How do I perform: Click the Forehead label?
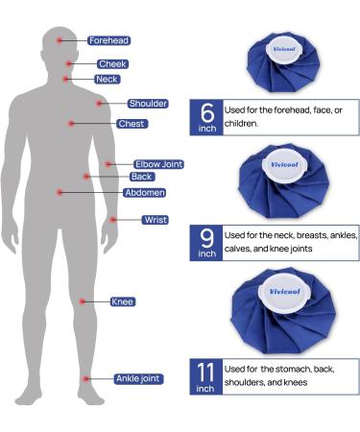coord(108,41)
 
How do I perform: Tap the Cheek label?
coord(112,64)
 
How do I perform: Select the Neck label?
coord(108,79)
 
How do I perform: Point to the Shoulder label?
coord(147,104)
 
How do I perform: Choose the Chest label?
coord(132,124)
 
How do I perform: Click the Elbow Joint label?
coord(157,165)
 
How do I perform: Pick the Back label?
coord(141,177)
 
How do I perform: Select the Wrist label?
coord(155,220)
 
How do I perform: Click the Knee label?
coord(122,302)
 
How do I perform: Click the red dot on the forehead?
coord(60,40)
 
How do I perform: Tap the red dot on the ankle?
coord(85,378)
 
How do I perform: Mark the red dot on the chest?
coord(71,123)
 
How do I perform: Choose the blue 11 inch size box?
coord(206,376)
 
